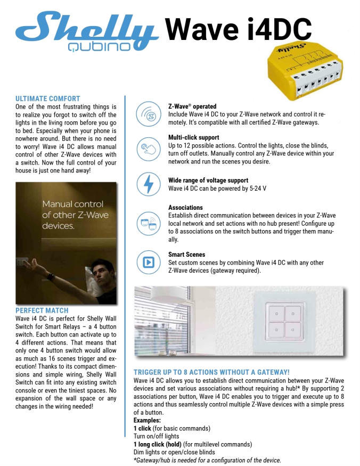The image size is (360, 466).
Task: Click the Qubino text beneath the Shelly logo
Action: pos(99,47)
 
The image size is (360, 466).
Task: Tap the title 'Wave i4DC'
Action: pos(238,28)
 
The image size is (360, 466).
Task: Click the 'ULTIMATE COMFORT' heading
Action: pos(48,99)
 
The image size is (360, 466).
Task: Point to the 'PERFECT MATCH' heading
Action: pos(42,310)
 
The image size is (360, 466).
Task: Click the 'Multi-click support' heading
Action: pos(194,137)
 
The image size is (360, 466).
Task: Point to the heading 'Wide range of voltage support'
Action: pos(208,180)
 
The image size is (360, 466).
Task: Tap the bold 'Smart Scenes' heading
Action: pos(186,255)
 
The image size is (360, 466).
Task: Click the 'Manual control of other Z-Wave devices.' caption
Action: pos(75,215)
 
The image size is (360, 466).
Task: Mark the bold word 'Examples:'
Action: pos(147,421)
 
